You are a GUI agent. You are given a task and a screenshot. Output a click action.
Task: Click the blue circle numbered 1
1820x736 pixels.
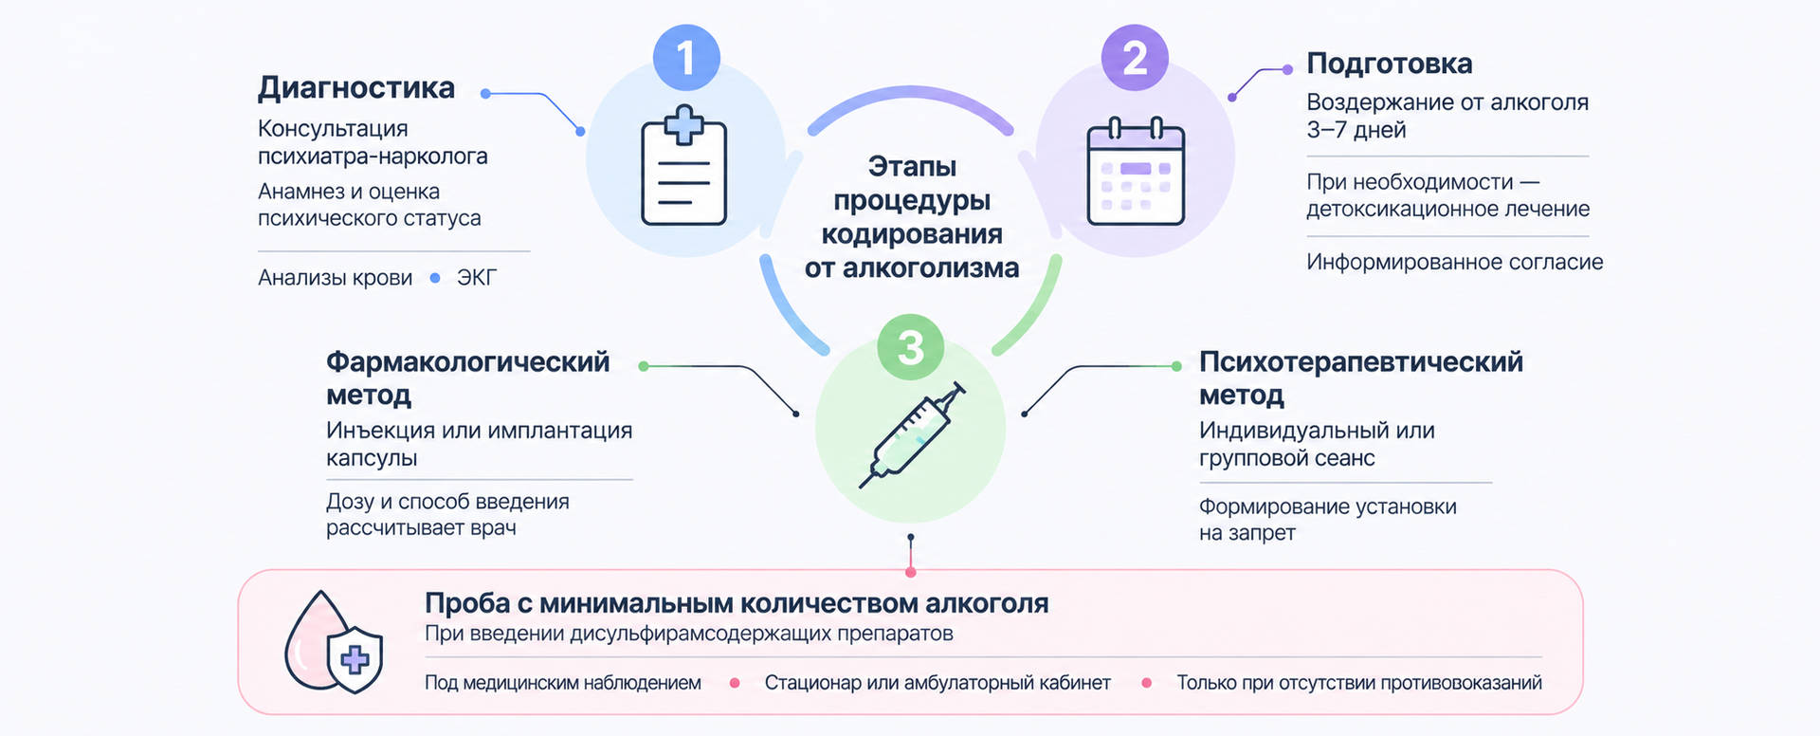[686, 58]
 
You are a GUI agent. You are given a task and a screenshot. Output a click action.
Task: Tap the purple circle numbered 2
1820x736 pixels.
[1135, 58]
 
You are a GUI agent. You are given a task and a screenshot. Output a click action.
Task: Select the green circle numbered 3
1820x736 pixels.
[910, 347]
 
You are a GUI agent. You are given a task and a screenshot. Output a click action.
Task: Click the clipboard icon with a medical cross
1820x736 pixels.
[684, 166]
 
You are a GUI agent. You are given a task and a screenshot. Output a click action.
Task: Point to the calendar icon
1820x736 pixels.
[1136, 171]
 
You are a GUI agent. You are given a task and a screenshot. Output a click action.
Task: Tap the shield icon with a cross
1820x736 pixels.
[355, 658]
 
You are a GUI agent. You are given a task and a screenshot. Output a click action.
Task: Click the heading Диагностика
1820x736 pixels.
[356, 88]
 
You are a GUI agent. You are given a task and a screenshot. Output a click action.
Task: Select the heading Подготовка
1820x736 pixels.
[1389, 64]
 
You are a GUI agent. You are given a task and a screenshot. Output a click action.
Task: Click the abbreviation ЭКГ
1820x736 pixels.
[477, 278]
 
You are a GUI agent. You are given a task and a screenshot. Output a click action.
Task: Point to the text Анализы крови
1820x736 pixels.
[335, 278]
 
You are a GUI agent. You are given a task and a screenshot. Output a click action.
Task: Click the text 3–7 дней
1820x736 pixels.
[1356, 130]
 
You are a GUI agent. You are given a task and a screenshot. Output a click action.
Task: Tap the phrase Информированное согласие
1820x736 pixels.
[1455, 262]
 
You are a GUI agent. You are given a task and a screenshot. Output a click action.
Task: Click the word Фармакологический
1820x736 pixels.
[468, 362]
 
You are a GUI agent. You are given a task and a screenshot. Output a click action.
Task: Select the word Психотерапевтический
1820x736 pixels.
[1361, 362]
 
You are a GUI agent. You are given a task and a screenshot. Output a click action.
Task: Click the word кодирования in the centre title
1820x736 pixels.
[912, 234]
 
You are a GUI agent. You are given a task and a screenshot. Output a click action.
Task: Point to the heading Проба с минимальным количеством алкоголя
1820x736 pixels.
[737, 603]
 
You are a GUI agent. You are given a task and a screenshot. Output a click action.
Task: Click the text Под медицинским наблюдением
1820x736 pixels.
[563, 683]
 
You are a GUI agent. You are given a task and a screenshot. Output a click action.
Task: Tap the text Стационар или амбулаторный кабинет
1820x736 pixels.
[937, 683]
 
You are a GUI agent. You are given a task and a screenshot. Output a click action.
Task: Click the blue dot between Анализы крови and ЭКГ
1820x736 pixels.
[435, 278]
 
